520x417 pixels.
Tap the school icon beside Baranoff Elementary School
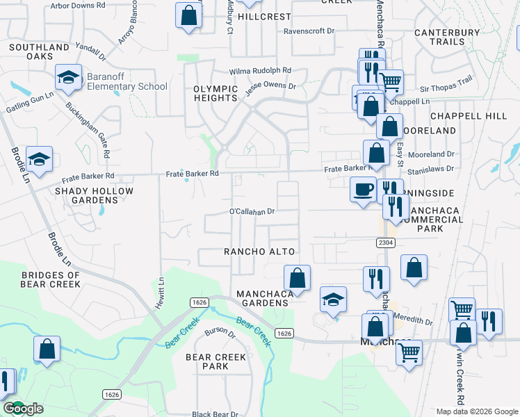(69, 77)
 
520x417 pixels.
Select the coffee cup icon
(363, 189)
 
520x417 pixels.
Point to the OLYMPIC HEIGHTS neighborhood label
(216, 93)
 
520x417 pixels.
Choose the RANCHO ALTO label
(260, 252)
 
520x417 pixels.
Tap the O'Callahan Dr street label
(253, 211)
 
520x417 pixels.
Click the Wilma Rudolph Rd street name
(261, 71)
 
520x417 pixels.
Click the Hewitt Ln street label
(160, 294)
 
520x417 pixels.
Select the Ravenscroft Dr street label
(309, 31)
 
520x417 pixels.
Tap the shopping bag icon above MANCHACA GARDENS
(297, 277)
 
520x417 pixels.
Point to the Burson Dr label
(220, 332)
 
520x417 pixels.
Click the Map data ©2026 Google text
(477, 411)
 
